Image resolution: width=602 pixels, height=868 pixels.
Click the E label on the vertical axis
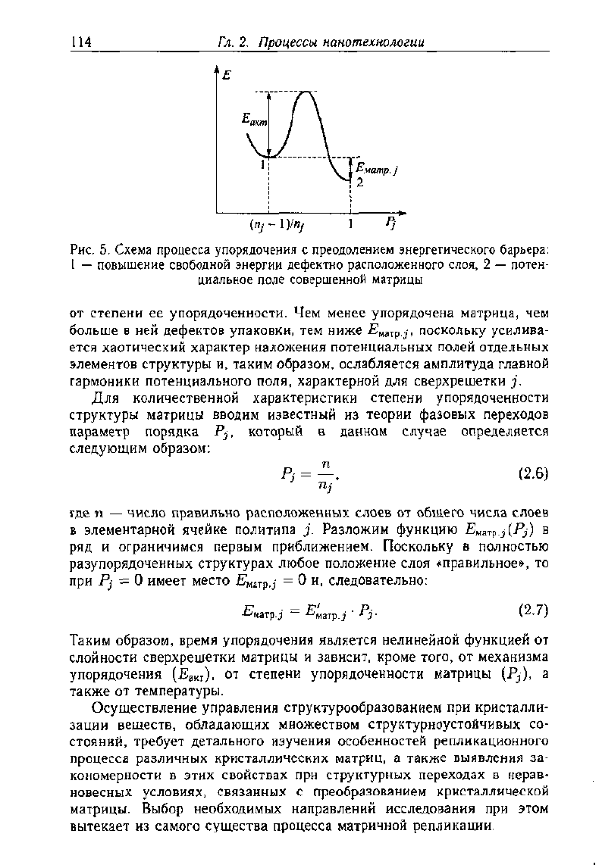(x=227, y=76)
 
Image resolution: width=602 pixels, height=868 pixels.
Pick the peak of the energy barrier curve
(x=306, y=92)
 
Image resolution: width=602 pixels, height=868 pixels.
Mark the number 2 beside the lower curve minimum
(x=360, y=183)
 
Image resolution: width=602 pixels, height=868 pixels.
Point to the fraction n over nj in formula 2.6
(x=325, y=475)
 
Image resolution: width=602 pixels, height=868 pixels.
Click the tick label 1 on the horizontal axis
(x=350, y=225)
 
